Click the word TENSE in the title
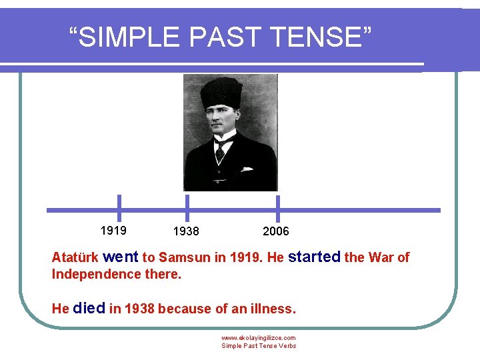pyautogui.click(x=319, y=38)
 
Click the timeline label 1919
pyautogui.click(x=113, y=231)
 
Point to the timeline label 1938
pyautogui.click(x=185, y=231)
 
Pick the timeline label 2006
pyautogui.click(x=276, y=231)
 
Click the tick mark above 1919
pyautogui.click(x=119, y=207)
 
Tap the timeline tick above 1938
pyautogui.click(x=187, y=207)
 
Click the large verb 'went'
pyautogui.click(x=121, y=257)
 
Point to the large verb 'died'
pyautogui.click(x=89, y=309)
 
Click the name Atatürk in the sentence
pyautogui.click(x=75, y=258)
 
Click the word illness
pyautogui.click(x=271, y=309)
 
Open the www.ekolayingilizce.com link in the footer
pyautogui.click(x=258, y=338)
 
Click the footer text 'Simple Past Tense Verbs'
pyautogui.click(x=259, y=346)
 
